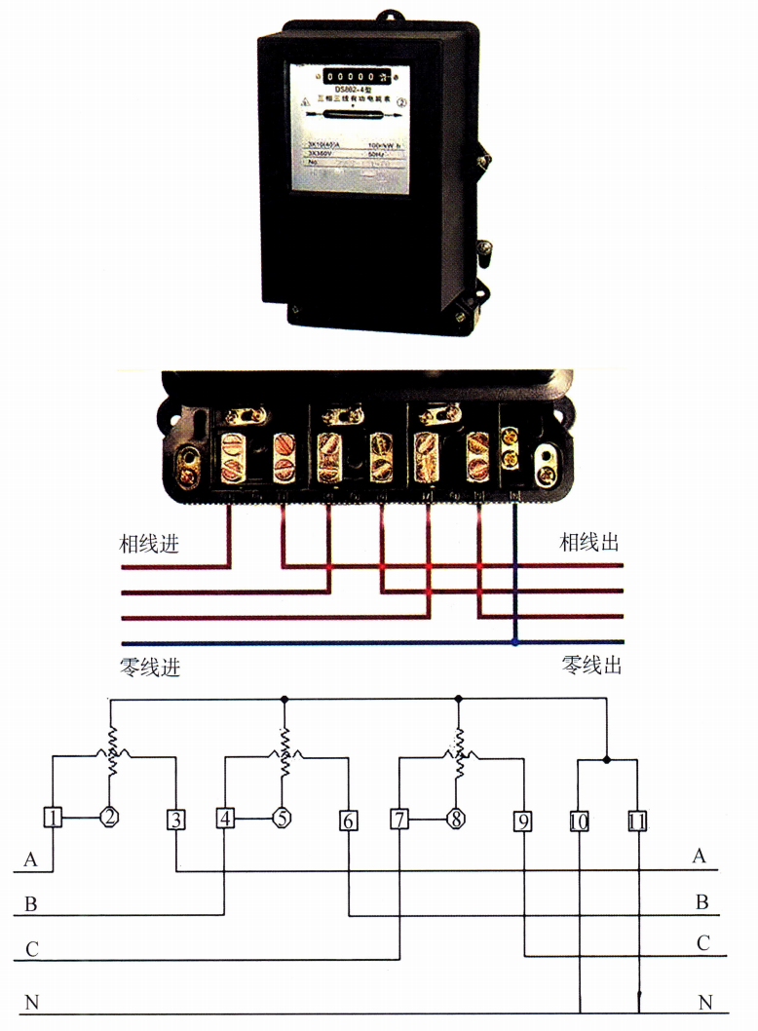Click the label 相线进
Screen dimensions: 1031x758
pyautogui.click(x=149, y=543)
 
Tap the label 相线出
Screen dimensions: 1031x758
pyautogui.click(x=588, y=543)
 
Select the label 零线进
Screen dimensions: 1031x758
pyautogui.click(x=149, y=668)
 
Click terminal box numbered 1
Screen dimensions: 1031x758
pyautogui.click(x=53, y=818)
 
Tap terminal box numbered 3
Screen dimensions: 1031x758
pyautogui.click(x=175, y=820)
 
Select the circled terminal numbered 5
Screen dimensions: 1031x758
pyautogui.click(x=283, y=818)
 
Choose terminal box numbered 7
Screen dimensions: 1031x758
pyautogui.click(x=399, y=820)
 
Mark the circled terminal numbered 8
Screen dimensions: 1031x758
pyautogui.click(x=456, y=819)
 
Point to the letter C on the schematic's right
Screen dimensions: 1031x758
pyautogui.click(x=701, y=943)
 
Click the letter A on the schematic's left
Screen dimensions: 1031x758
pyautogui.click(x=32, y=859)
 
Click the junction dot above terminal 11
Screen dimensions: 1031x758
pyautogui.click(x=607, y=760)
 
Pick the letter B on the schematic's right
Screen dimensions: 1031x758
pyautogui.click(x=701, y=902)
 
